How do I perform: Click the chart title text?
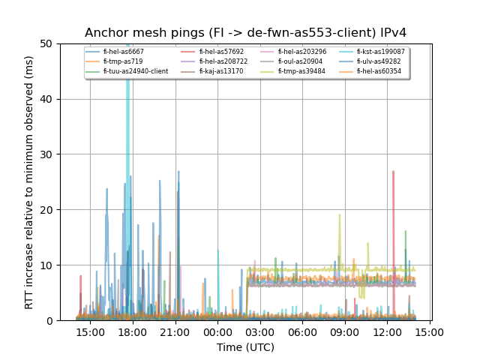245,33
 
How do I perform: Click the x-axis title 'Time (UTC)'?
245,347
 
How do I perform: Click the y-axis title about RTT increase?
29,181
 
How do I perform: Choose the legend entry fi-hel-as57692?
221,52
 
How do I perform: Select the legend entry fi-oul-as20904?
300,61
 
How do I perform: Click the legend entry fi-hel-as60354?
380,71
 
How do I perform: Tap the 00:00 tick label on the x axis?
217,331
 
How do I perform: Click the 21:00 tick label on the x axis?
175,331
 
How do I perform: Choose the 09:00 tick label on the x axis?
345,331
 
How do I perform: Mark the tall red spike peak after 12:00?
393,172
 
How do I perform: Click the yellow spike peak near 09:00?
339,215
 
